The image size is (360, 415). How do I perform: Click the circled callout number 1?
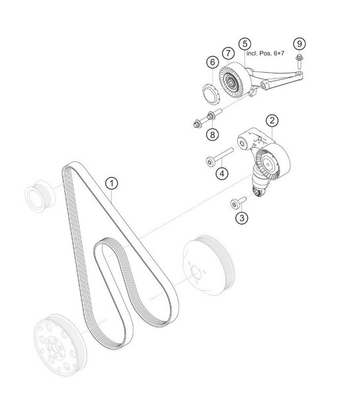112,183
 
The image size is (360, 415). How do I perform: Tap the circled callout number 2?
272,121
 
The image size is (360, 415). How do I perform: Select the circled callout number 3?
242,218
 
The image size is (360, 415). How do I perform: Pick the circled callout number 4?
222,174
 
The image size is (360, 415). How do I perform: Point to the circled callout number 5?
245,44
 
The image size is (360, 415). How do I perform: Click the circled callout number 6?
213,63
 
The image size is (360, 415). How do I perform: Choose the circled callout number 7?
229,54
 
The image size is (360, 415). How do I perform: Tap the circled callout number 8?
213,135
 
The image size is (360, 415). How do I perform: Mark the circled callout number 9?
299,44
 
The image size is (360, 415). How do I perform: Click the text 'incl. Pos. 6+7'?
266,54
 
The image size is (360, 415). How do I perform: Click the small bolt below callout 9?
299,61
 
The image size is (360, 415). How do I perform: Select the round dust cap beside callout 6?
211,93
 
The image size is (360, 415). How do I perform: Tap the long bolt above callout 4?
220,157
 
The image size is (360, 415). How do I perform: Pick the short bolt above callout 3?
238,202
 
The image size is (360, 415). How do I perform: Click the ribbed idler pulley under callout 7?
235,80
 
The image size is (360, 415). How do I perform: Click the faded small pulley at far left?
40,196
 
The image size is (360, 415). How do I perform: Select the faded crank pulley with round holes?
59,345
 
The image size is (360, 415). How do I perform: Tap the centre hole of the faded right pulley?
196,273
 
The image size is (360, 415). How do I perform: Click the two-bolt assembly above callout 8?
207,119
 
